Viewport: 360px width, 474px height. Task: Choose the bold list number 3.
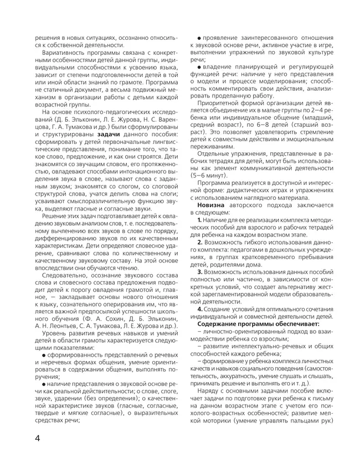(201, 272)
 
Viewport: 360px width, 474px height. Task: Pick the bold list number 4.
(201, 308)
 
